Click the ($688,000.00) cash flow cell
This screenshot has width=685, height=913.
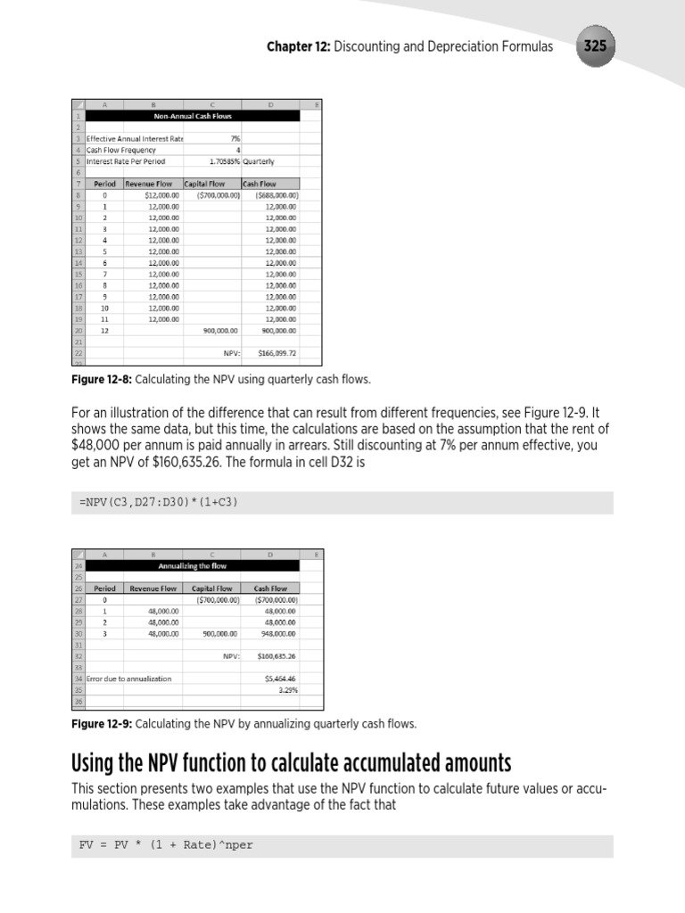tap(276, 194)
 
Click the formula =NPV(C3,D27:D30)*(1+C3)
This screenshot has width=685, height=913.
tap(157, 503)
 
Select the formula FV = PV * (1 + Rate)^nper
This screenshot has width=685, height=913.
tap(167, 845)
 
